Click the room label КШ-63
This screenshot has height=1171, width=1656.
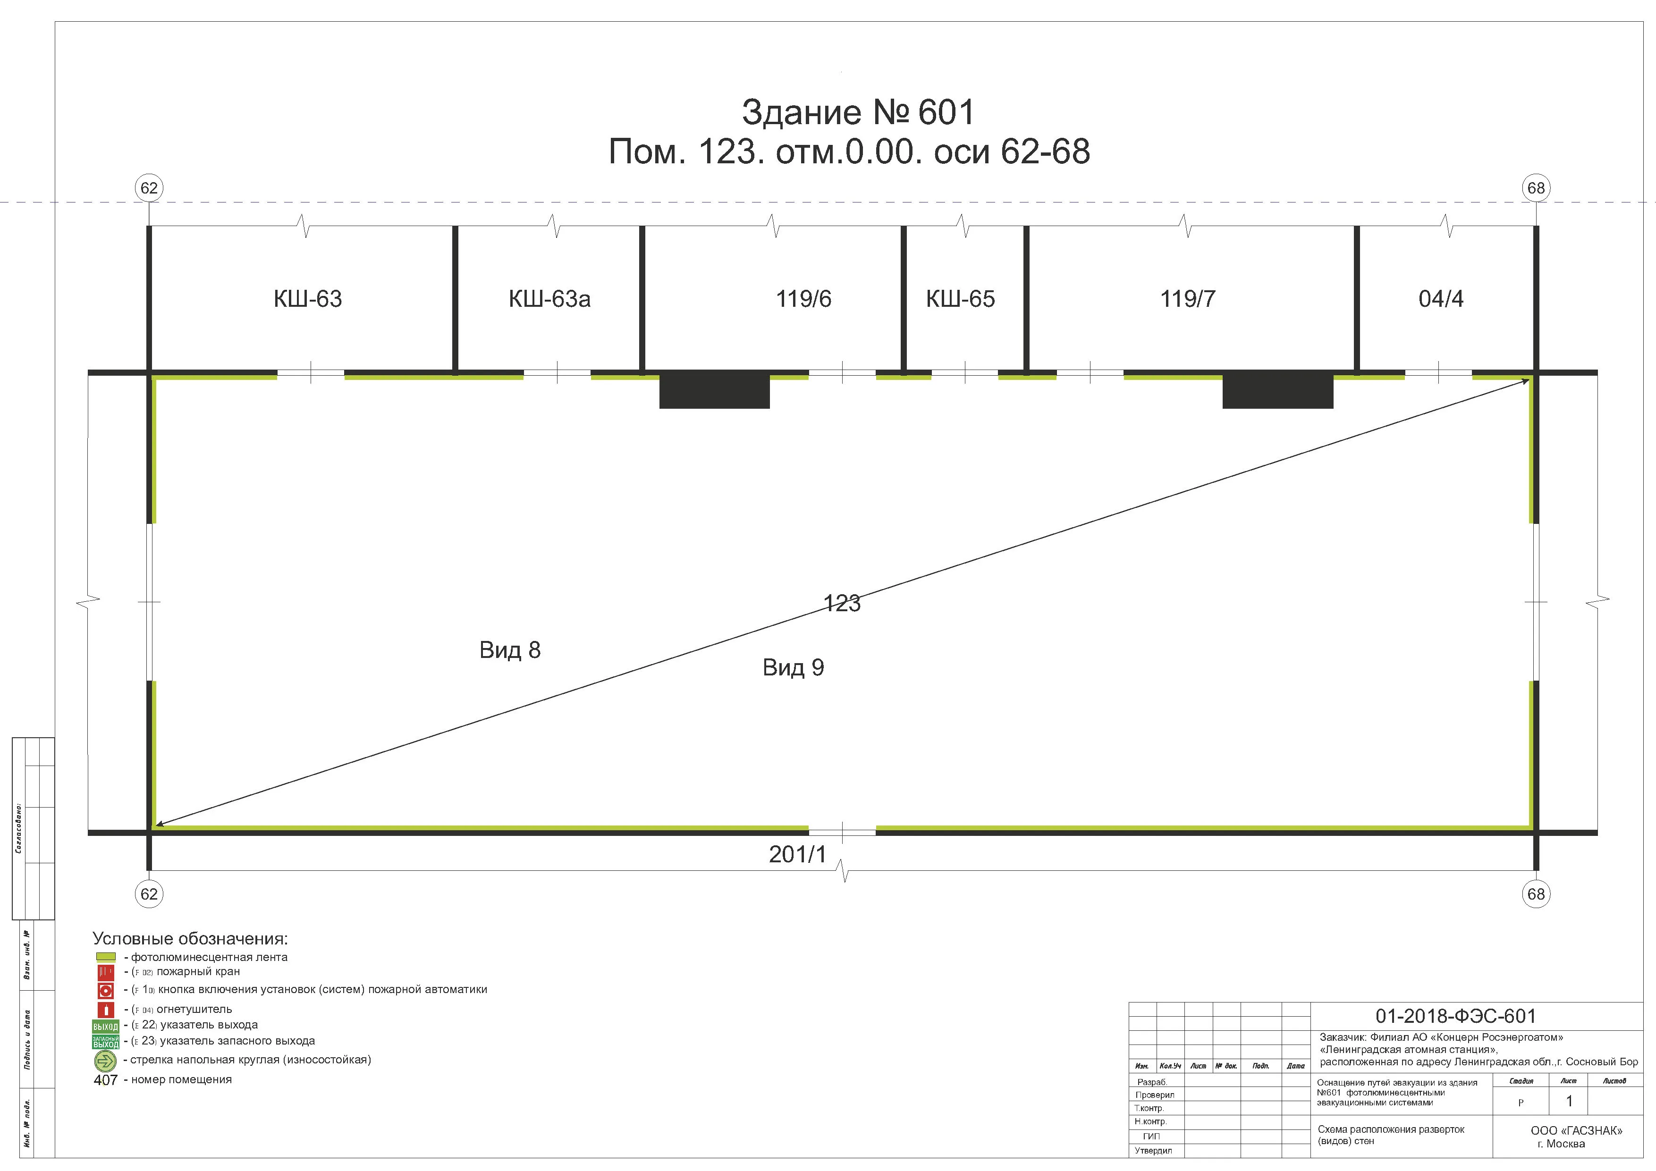[308, 298]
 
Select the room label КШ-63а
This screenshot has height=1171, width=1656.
[549, 298]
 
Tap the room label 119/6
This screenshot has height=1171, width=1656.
[803, 298]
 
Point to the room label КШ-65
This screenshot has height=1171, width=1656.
[961, 298]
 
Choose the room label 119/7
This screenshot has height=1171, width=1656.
[1188, 298]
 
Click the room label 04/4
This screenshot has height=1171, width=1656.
[1441, 298]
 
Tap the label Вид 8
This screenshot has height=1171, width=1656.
[510, 650]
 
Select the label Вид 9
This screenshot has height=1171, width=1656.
[794, 668]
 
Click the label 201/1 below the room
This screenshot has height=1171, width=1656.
[798, 854]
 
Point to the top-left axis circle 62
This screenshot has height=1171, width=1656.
[149, 188]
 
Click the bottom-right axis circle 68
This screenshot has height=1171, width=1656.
[1536, 894]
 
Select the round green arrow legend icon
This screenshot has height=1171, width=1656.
[105, 1061]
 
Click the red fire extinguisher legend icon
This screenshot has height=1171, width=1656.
[105, 1010]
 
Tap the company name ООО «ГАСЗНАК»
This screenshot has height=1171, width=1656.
[1577, 1130]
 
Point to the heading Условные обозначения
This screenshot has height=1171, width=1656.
[190, 939]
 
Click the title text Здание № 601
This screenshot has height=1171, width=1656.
[858, 112]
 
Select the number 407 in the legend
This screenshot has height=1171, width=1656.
[105, 1080]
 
